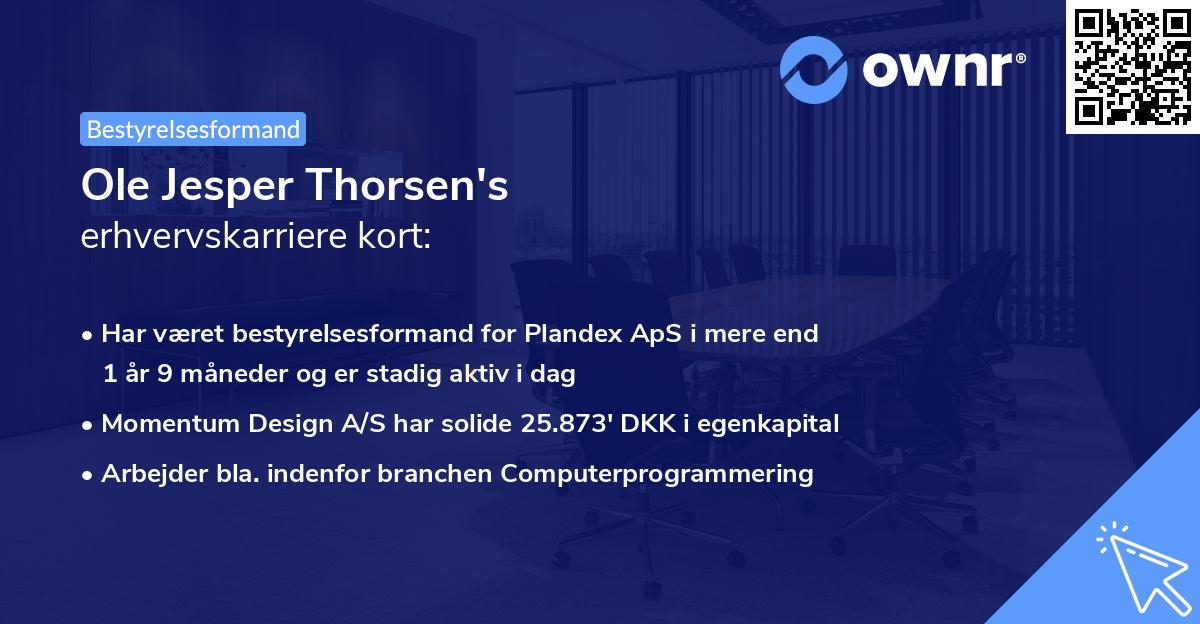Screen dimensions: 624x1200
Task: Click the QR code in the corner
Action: [1132, 66]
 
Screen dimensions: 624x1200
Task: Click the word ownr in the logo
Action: [943, 67]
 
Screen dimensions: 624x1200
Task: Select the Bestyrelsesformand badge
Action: [193, 129]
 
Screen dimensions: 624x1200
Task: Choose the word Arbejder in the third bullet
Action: [148, 474]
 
